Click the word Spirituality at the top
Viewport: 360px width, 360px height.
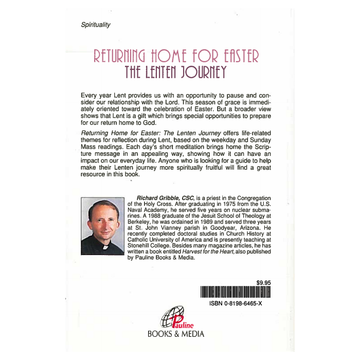[x=96, y=25]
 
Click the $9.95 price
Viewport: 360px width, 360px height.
[x=263, y=282]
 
